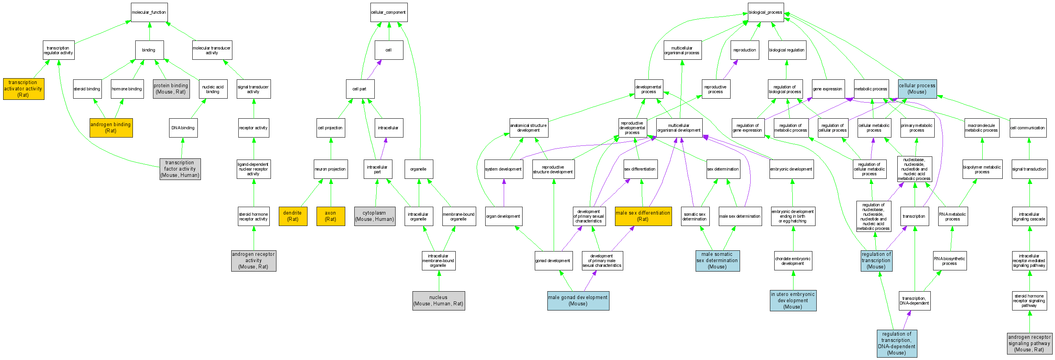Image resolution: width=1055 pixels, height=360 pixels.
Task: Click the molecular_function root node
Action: click(x=149, y=12)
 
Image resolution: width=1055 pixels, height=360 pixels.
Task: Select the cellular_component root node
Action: click(x=388, y=12)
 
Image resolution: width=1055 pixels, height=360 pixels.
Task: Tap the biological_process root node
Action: click(x=766, y=12)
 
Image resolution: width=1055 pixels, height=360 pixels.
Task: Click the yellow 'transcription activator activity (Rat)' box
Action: click(x=23, y=89)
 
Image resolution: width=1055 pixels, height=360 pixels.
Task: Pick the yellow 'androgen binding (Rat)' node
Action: click(x=111, y=128)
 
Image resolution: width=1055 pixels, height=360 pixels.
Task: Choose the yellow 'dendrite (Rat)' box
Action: click(x=293, y=216)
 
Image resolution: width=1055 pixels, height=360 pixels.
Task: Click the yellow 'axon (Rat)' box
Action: click(x=331, y=216)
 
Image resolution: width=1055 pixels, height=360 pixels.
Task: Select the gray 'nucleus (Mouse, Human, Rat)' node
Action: click(x=438, y=301)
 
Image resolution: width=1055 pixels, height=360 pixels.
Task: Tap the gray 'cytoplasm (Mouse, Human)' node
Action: click(x=375, y=216)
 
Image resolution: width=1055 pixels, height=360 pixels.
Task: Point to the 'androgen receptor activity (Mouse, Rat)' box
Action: click(x=254, y=261)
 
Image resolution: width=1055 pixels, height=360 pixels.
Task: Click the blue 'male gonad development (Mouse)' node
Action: click(x=578, y=301)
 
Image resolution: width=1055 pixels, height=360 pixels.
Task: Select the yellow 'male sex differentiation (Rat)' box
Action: click(x=643, y=216)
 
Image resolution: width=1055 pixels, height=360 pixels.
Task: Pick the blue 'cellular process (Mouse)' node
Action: click(x=917, y=89)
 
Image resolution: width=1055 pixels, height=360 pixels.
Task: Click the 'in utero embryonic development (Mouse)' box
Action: click(x=793, y=301)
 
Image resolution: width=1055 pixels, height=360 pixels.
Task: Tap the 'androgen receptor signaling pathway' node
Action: click(x=1029, y=343)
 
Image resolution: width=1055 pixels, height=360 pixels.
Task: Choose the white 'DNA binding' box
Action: click(x=183, y=128)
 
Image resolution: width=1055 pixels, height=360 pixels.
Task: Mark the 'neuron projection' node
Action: click(x=331, y=169)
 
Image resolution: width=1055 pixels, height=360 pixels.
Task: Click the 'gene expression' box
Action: click(x=828, y=89)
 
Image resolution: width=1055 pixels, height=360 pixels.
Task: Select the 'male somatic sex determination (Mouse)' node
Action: click(x=717, y=261)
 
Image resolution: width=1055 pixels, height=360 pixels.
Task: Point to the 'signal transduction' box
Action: click(x=1029, y=169)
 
